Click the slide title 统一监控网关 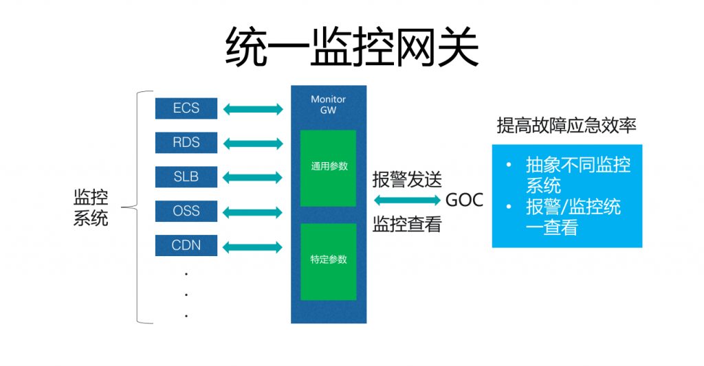352,47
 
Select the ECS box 186,108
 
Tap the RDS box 186,143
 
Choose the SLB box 186,177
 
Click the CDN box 186,245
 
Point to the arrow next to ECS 253,109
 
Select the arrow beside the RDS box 253,144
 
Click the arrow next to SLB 253,178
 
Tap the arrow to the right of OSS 253,212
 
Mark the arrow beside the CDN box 253,247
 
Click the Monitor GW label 328,104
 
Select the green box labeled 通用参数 328,168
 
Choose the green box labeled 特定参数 328,261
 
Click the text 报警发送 407,180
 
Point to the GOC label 465,201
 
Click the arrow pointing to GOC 407,201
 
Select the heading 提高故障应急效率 566,126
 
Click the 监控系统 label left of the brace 91,208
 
